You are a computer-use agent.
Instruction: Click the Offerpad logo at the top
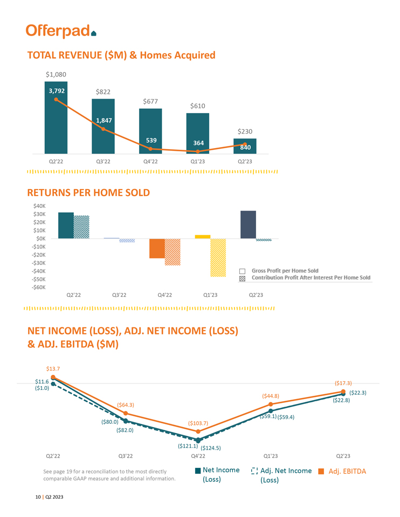point(61,31)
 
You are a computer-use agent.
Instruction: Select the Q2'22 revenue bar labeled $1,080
point(56,117)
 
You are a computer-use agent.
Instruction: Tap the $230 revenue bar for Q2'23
point(245,146)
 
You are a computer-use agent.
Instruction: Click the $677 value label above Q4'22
point(150,101)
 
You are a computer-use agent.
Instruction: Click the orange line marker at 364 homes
point(198,152)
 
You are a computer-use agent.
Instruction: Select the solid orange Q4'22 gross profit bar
point(157,248)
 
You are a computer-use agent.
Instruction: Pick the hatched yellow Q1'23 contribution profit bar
point(218,257)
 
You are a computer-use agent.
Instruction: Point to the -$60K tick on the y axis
point(38,287)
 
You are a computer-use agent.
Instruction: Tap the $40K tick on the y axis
point(39,206)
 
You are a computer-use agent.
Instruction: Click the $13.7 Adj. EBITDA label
point(52,368)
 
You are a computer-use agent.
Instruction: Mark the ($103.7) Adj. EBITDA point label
point(198,423)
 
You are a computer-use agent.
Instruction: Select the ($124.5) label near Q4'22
point(211,448)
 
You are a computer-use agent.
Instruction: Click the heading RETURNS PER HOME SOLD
point(88,192)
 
